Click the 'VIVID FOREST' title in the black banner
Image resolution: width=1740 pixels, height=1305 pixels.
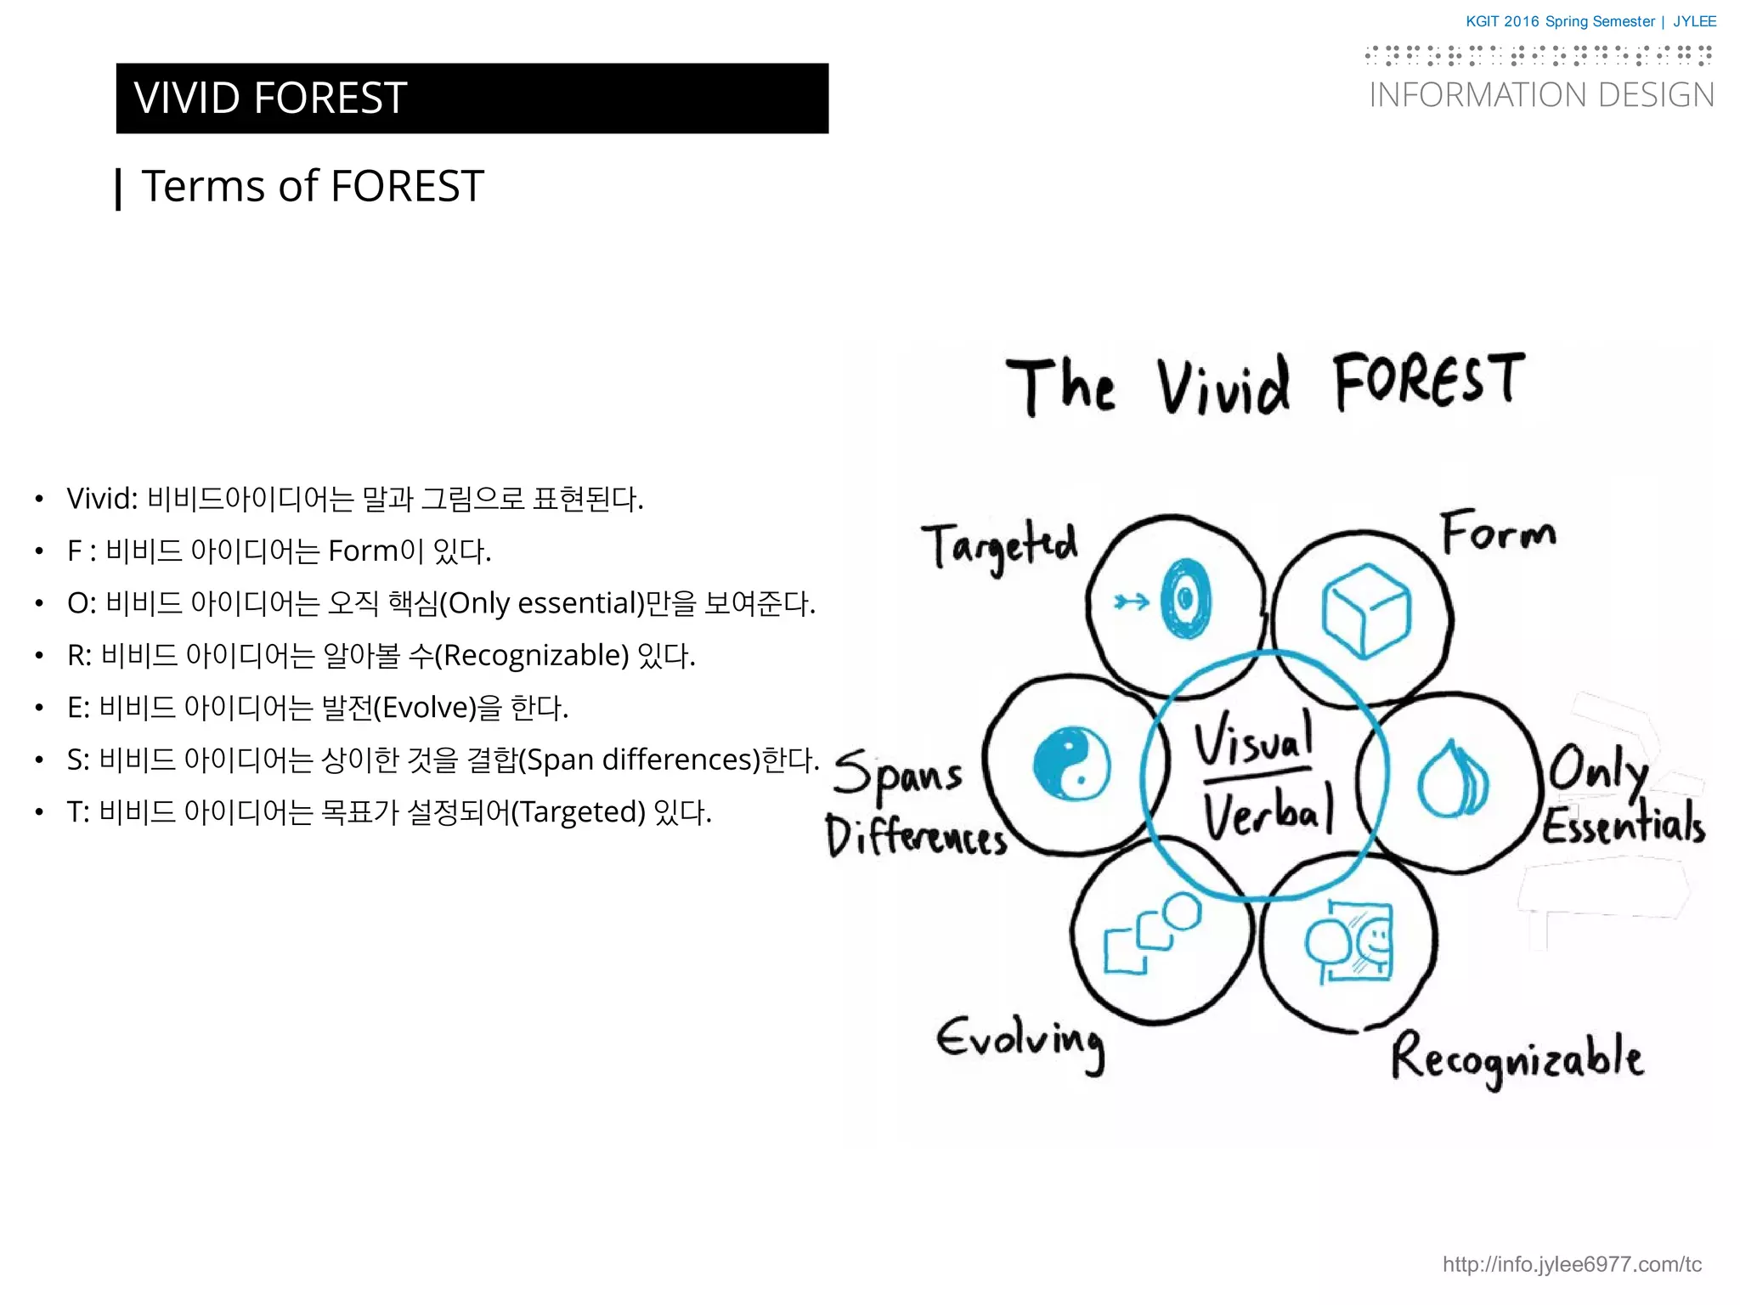[270, 98]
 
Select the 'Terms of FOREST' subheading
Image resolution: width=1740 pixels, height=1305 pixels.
[312, 186]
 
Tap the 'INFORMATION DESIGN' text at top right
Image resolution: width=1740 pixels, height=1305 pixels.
[1541, 95]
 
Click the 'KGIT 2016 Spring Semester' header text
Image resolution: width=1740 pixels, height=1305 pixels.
[1560, 21]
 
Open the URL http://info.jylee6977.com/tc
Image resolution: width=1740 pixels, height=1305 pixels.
[1572, 1264]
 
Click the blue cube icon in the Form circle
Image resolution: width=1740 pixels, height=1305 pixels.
[1365, 610]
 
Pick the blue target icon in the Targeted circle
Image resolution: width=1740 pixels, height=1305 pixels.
[1186, 599]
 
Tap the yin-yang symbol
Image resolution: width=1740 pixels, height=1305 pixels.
[1071, 763]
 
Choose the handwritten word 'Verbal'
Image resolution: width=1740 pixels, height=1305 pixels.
[1268, 811]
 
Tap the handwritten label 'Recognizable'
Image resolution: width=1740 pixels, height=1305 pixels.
[1517, 1059]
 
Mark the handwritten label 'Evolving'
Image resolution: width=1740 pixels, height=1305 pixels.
[1020, 1041]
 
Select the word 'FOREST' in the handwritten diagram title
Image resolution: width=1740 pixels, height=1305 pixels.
[1428, 381]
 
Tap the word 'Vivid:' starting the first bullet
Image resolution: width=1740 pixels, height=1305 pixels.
[102, 499]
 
